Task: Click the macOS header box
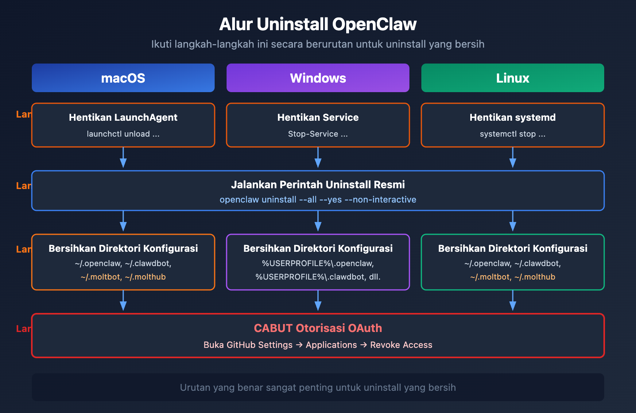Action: coord(123,78)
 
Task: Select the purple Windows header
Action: coord(318,78)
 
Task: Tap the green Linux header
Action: coord(513,78)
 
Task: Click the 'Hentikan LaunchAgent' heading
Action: coord(123,118)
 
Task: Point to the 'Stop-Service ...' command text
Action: coord(318,134)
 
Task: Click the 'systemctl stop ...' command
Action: coord(513,134)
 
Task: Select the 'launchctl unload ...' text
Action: coord(123,134)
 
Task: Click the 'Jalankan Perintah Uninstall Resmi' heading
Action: coord(318,185)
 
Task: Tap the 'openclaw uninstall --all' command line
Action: coord(318,200)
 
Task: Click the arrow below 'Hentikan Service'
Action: coord(318,158)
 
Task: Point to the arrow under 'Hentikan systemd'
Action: coord(513,158)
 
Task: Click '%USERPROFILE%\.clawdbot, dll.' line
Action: coord(318,277)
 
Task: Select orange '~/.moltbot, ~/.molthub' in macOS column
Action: coord(123,277)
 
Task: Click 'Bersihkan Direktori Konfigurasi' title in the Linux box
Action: coord(513,249)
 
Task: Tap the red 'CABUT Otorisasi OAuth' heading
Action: coord(318,328)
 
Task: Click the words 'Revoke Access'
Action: coord(401,345)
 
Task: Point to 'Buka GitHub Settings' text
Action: coord(248,345)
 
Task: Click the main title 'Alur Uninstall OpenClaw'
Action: coord(318,24)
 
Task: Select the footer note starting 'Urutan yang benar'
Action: coord(318,388)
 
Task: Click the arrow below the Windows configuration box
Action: coord(318,301)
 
